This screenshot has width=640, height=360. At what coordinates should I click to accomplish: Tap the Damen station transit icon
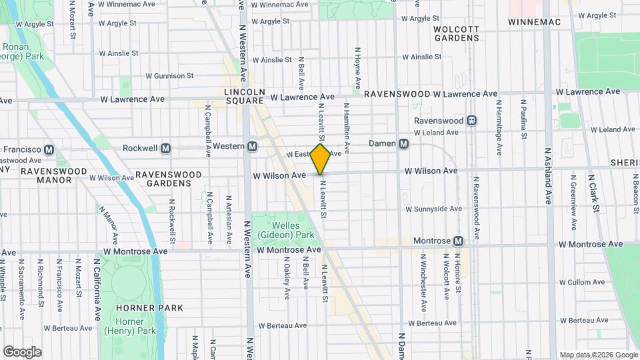click(x=403, y=144)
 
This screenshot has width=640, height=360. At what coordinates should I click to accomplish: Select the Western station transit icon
click(x=253, y=147)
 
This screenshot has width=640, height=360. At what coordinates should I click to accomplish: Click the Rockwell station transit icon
click(x=166, y=147)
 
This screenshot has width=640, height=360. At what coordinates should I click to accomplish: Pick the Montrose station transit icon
click(x=458, y=241)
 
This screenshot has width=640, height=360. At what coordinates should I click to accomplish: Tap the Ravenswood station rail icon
click(x=471, y=121)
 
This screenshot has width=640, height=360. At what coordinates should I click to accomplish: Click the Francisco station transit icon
click(x=48, y=150)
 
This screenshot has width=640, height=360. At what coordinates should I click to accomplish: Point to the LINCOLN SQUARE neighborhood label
click(x=245, y=95)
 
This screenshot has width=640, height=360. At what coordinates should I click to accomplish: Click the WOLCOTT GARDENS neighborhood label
click(x=456, y=33)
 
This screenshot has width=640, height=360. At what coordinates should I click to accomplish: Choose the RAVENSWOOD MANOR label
click(x=54, y=175)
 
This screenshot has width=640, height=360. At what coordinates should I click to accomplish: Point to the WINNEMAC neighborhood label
click(x=534, y=22)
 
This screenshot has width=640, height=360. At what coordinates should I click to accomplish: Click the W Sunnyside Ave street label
click(x=434, y=209)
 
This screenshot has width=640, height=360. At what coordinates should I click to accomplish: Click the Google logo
click(x=22, y=351)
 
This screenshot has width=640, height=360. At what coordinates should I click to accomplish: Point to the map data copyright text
click(x=598, y=355)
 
